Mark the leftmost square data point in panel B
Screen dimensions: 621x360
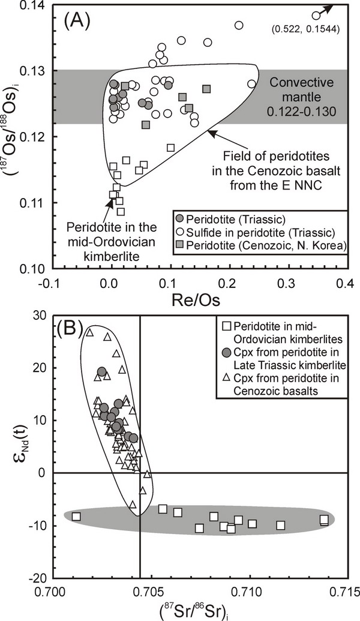76,516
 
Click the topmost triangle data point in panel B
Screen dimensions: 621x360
89,332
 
